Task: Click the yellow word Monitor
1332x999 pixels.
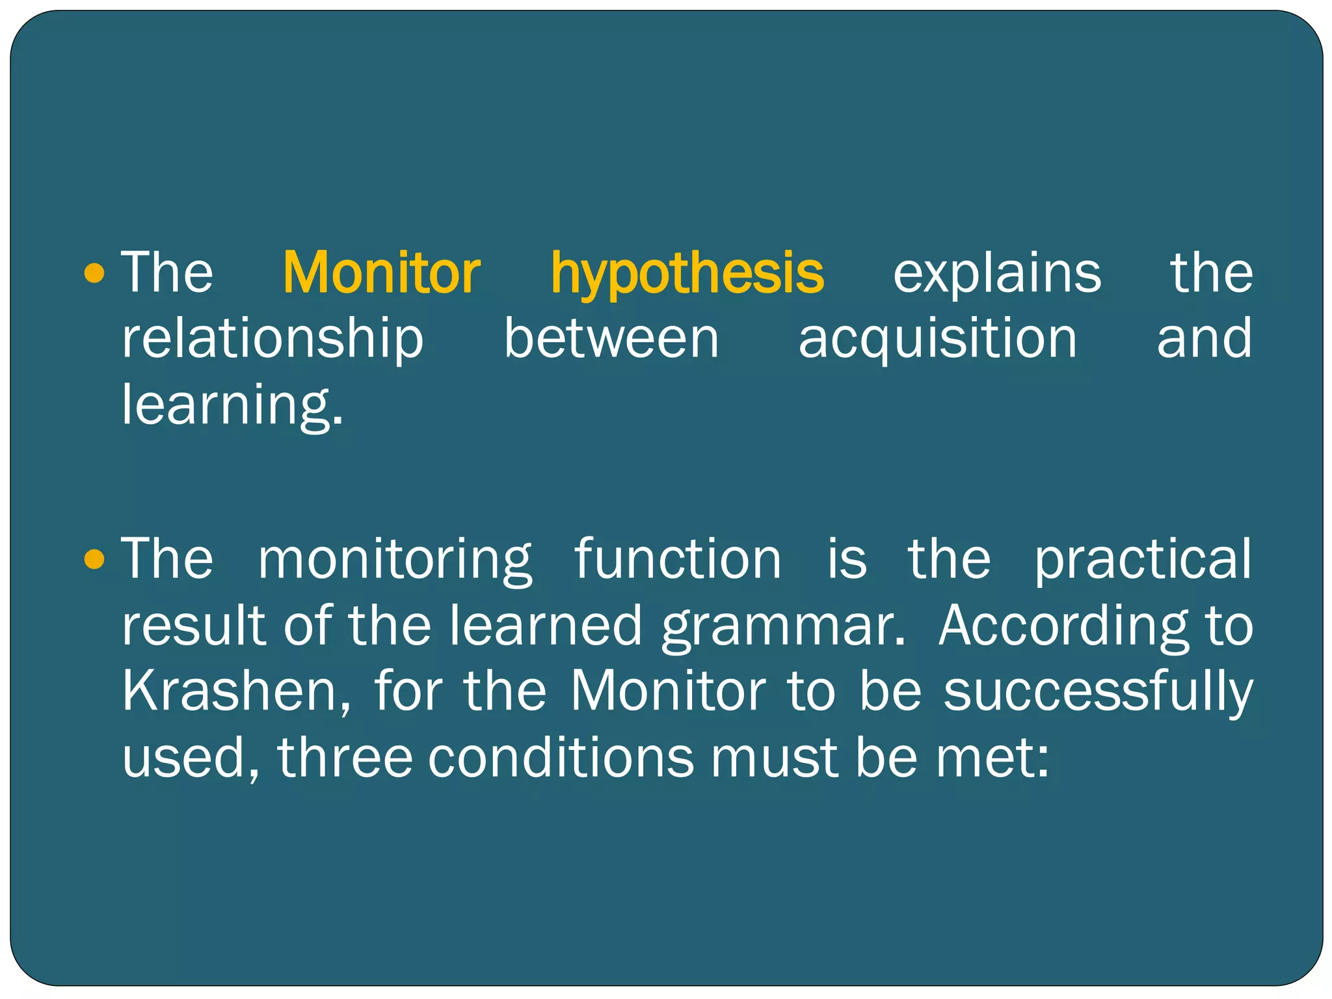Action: click(x=381, y=273)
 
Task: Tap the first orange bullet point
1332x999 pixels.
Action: click(x=95, y=273)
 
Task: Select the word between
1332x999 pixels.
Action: click(x=611, y=339)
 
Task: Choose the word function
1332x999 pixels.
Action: click(x=677, y=559)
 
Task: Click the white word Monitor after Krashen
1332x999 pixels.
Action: click(x=668, y=691)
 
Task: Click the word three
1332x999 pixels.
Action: click(x=345, y=758)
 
